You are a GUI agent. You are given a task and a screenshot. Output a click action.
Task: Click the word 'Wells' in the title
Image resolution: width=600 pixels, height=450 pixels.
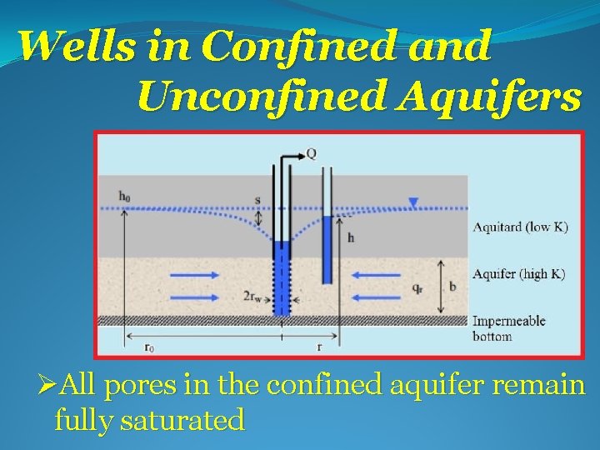click(x=69, y=47)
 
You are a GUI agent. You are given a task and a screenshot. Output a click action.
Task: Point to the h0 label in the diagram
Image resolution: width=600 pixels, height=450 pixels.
click(x=124, y=196)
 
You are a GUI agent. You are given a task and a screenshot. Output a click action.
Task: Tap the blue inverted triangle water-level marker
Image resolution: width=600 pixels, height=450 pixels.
click(x=414, y=201)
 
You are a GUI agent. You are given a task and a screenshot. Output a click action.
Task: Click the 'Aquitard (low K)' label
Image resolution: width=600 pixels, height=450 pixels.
click(x=520, y=227)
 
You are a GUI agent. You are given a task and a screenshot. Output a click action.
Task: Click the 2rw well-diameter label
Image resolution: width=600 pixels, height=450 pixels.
click(x=255, y=296)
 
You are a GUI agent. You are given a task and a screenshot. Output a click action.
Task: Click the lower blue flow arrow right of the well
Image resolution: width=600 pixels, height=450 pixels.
click(x=370, y=296)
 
